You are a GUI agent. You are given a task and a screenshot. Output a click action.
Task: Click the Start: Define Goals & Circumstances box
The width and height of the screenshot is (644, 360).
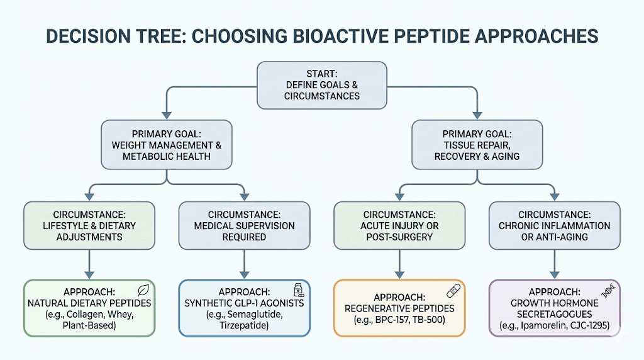tap(322, 84)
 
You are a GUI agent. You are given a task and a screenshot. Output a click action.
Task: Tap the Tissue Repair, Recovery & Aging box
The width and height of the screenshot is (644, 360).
tap(477, 145)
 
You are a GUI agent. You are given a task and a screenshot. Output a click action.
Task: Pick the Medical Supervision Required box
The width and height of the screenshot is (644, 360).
tap(244, 225)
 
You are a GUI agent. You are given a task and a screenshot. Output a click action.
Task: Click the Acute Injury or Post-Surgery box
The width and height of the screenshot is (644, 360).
tap(399, 225)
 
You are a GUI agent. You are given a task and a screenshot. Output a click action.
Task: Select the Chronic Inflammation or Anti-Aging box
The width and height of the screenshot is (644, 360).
tap(554, 225)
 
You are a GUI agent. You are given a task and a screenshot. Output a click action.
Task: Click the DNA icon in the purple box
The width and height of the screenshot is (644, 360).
tap(608, 290)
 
